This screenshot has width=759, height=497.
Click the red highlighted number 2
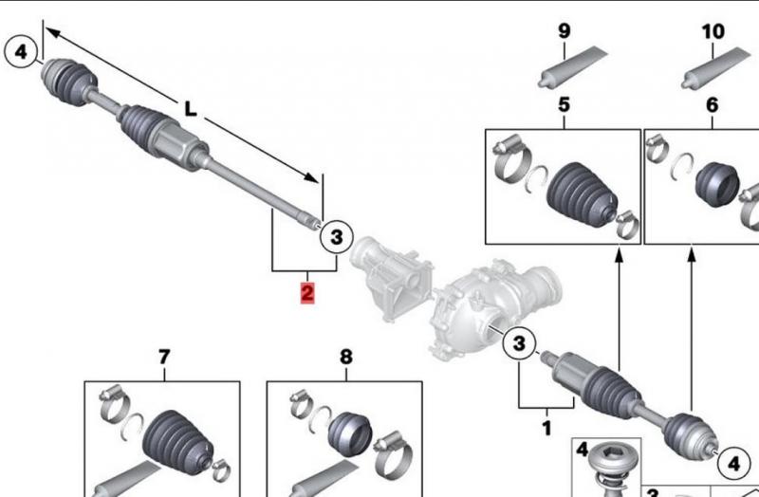coord(306,292)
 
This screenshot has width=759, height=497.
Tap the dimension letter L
coord(191,109)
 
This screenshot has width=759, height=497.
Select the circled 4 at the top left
coord(22,49)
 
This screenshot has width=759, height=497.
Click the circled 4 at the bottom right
coord(731,463)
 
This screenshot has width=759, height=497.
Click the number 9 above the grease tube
coord(565,31)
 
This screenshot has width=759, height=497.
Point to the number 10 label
coord(713,31)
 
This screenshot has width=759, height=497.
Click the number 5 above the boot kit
coord(564,104)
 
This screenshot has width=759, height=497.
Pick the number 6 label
coord(713,104)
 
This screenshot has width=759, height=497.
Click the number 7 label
coord(163,357)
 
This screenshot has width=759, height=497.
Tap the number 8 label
coord(345,357)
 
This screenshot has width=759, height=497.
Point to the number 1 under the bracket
coord(546,428)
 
